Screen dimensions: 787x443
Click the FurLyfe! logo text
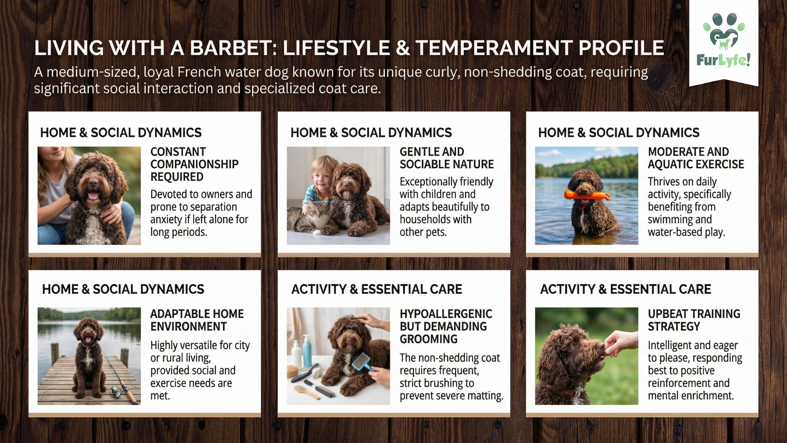pyautogui.click(x=723, y=60)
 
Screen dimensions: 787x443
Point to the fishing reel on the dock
pyautogui.click(x=115, y=389)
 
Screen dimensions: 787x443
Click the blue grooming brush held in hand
pyautogui.click(x=362, y=362)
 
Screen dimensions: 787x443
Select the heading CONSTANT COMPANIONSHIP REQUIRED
pyautogui.click(x=194, y=164)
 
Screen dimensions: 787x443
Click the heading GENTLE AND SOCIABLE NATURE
pyautogui.click(x=447, y=158)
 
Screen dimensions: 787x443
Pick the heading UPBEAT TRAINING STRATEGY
pyautogui.click(x=694, y=320)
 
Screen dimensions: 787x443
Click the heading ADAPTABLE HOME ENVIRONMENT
pyautogui.click(x=197, y=320)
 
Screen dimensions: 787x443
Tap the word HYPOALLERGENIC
pyautogui.click(x=446, y=314)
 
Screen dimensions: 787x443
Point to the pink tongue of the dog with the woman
pyautogui.click(x=93, y=195)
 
